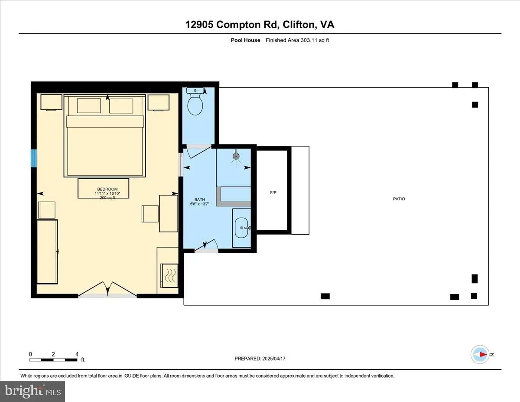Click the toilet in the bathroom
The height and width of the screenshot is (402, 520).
coord(195,101)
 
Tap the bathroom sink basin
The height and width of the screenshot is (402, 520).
coord(241,228)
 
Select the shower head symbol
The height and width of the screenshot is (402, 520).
coord(236,156)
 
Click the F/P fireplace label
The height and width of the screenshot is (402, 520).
coord(273,193)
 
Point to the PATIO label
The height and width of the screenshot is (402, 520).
coord(399,199)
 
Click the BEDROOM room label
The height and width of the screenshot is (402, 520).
coord(107,189)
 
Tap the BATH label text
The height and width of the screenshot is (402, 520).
coord(200,199)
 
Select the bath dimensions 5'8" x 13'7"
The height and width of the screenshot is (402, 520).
coord(200,204)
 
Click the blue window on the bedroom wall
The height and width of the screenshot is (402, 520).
coord(34,158)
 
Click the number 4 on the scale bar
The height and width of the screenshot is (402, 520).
coord(77,354)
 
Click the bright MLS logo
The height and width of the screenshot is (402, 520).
coord(32,391)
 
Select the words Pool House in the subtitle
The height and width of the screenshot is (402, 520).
coord(245,40)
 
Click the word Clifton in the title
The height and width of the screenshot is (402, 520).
coord(299,25)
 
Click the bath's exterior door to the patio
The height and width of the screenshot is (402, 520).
coord(206,245)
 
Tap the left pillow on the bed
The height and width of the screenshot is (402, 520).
coord(89,105)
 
